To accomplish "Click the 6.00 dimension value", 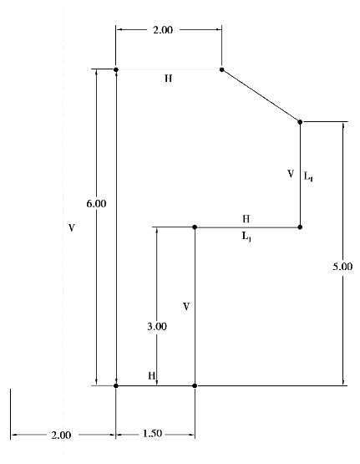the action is pyautogui.click(x=96, y=204).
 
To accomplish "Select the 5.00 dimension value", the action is pyautogui.click(x=342, y=267).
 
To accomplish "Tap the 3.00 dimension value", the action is pyautogui.click(x=157, y=326).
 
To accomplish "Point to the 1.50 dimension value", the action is pyautogui.click(x=153, y=434).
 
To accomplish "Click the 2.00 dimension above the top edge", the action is pyautogui.click(x=163, y=30).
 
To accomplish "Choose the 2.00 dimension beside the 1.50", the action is pyautogui.click(x=61, y=435).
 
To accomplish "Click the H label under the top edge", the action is pyautogui.click(x=168, y=79).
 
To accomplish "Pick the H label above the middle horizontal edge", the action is pyautogui.click(x=246, y=219).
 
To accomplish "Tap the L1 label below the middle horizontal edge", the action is pyautogui.click(x=246, y=237).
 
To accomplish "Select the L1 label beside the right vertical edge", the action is pyautogui.click(x=308, y=176).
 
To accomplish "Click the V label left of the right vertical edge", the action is pyautogui.click(x=291, y=174).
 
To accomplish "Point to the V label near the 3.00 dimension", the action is pyautogui.click(x=186, y=307).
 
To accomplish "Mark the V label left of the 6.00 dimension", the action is pyautogui.click(x=72, y=227).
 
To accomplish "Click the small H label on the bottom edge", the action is pyautogui.click(x=152, y=375).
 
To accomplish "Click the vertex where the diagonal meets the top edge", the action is pyautogui.click(x=221, y=69).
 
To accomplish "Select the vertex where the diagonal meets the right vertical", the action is pyautogui.click(x=300, y=122).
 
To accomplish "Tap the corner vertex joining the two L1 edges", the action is pyautogui.click(x=300, y=227).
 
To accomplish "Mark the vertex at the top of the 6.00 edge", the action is pyautogui.click(x=116, y=69).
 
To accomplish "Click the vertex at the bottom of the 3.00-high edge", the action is pyautogui.click(x=195, y=385).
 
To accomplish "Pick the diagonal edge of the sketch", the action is pyautogui.click(x=261, y=95).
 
